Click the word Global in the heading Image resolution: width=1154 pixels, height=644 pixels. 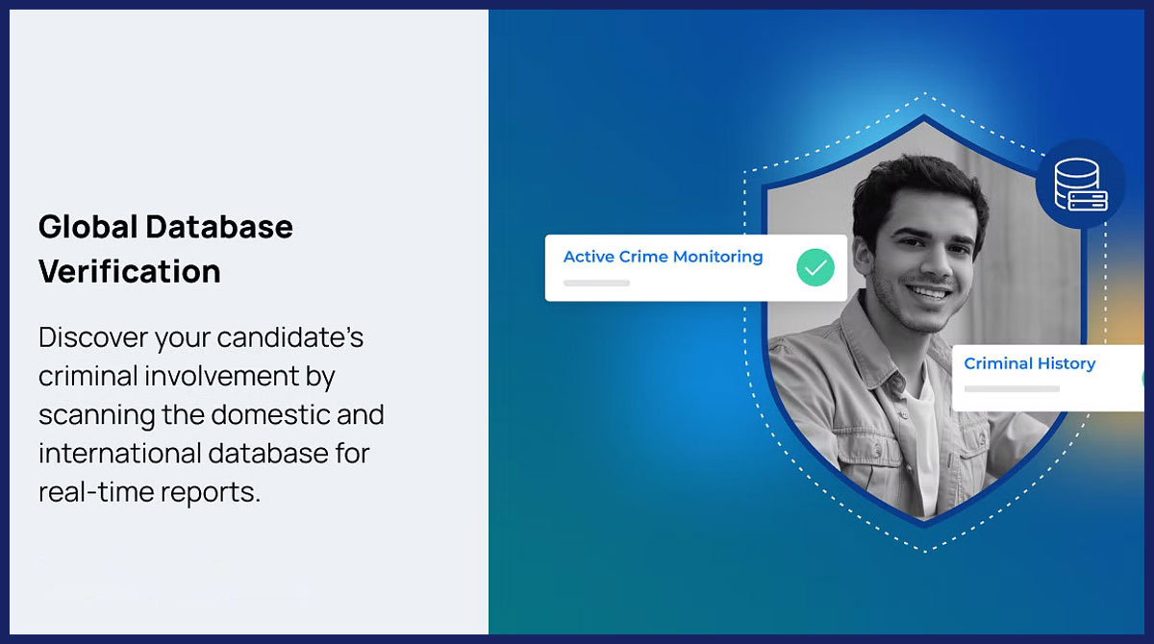point(88,227)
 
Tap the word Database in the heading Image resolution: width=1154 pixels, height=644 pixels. point(219,227)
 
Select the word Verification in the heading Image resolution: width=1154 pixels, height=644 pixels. point(129,271)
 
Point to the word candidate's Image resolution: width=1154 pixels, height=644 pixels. point(290,337)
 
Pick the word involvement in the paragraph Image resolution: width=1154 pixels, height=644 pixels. point(221,376)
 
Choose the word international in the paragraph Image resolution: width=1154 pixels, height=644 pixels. point(119,454)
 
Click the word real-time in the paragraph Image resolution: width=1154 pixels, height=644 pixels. point(96,491)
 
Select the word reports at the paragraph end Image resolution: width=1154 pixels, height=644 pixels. point(211,493)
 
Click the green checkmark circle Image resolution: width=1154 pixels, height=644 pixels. point(815,267)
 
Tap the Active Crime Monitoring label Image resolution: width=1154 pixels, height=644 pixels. point(663,257)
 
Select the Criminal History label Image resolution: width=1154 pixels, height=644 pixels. point(1029,363)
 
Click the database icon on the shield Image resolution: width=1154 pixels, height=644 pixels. point(1081,185)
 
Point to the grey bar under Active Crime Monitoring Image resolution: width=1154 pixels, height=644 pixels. point(596,284)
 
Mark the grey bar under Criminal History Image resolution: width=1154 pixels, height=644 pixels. point(1012,389)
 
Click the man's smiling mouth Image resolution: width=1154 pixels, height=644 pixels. point(930,292)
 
